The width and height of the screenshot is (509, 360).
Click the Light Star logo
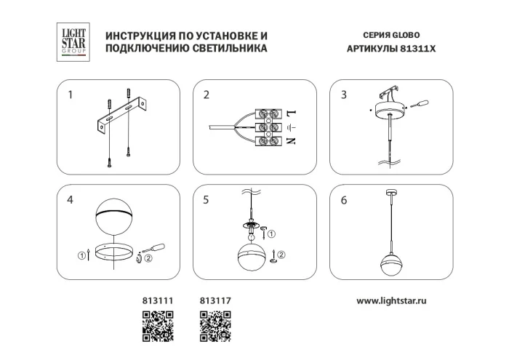coord(73,41)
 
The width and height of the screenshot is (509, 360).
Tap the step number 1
coord(71,95)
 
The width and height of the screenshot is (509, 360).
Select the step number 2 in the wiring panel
coord(207,95)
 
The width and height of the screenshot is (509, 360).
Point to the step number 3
coord(344,95)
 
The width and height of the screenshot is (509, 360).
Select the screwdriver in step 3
coord(418,106)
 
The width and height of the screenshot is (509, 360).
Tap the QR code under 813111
coord(156,326)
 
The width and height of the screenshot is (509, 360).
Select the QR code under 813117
coord(215,326)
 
